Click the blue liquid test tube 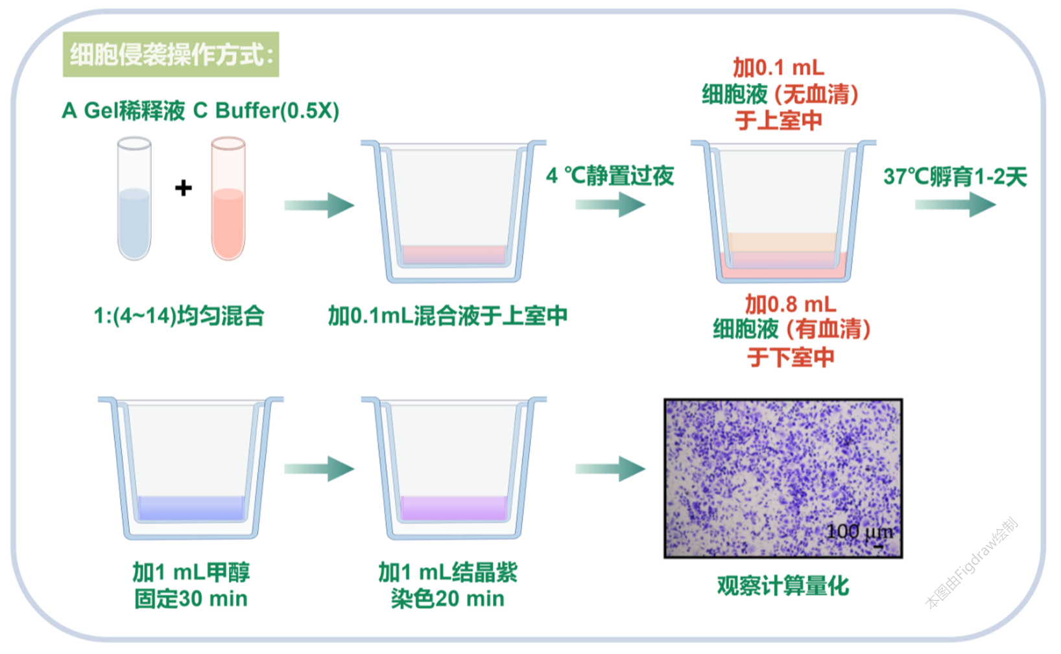134,198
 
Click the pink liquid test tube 228,198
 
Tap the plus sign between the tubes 184,188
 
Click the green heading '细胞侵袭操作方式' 171,54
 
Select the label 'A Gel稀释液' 123,111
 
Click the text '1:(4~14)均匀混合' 178,316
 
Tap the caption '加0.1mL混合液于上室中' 447,316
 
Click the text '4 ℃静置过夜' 610,176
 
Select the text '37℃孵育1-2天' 955,176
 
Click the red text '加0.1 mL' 779,67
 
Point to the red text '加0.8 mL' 791,304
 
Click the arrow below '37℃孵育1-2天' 955,204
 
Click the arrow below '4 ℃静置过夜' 610,204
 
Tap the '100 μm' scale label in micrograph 860,532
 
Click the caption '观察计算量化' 783,586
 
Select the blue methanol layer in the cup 191,508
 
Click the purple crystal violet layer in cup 454,508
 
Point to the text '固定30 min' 191,599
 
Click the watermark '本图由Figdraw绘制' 972,563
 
